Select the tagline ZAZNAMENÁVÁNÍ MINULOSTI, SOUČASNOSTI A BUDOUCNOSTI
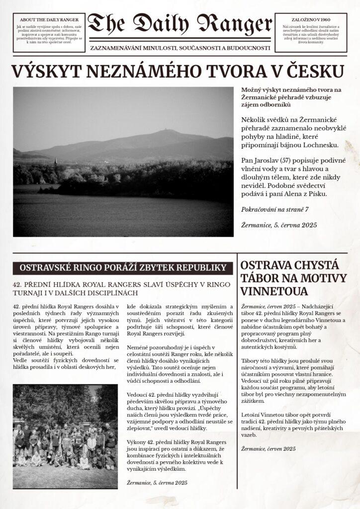click(x=180, y=48)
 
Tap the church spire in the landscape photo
click(x=56, y=163)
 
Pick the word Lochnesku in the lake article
click(x=320, y=145)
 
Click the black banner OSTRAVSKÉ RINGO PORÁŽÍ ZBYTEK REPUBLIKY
click(x=123, y=268)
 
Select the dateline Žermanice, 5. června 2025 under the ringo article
click(x=157, y=482)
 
